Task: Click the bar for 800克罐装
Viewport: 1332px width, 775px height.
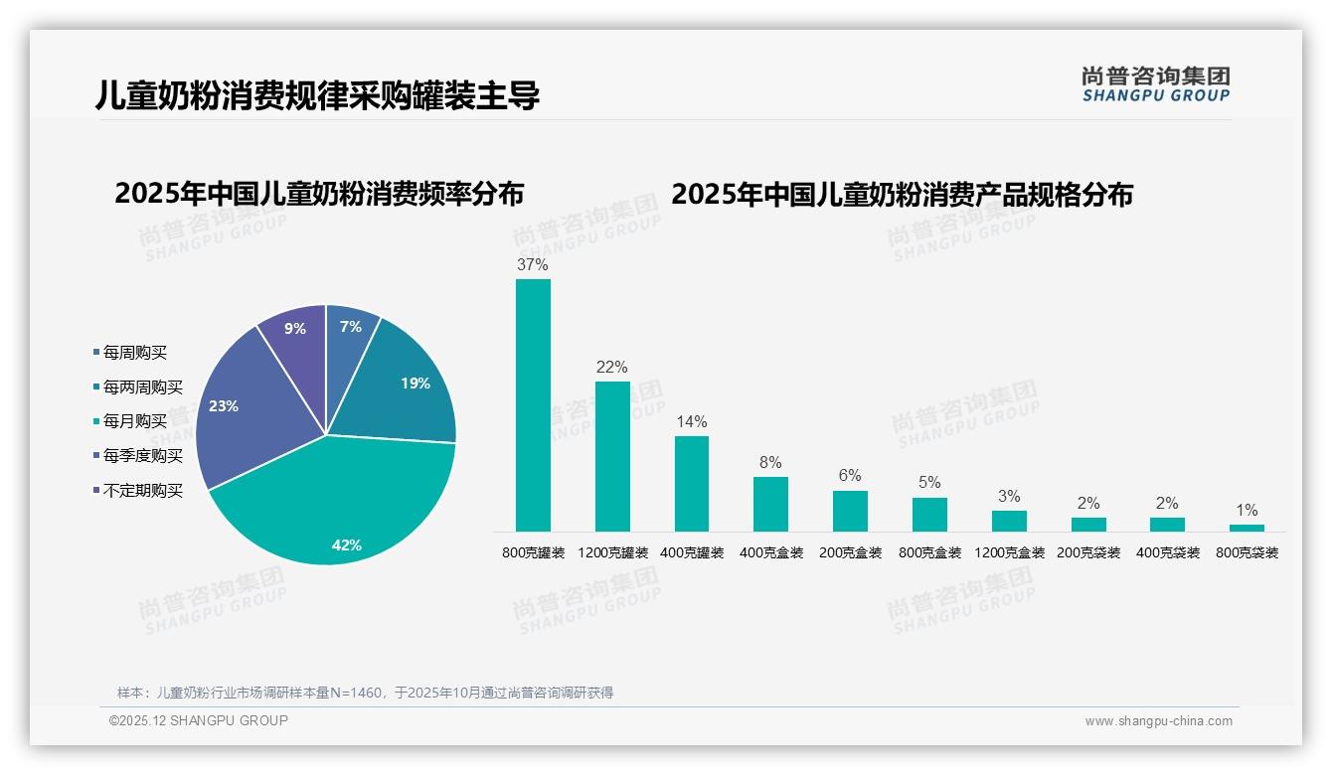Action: tap(533, 405)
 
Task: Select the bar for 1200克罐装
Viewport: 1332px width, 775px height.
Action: tap(612, 456)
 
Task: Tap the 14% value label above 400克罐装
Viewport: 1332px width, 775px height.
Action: tap(692, 421)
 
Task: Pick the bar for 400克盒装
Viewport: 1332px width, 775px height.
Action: tap(770, 504)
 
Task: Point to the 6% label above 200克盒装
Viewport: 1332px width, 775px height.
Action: tap(850, 476)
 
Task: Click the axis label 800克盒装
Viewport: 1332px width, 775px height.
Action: tap(929, 552)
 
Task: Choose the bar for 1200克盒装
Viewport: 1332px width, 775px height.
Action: tap(1009, 521)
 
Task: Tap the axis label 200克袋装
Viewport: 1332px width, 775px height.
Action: tap(1088, 552)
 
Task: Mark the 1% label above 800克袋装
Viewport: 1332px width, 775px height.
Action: tap(1247, 511)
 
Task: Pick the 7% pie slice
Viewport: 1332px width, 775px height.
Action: tap(350, 330)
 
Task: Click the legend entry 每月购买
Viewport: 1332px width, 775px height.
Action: tap(135, 421)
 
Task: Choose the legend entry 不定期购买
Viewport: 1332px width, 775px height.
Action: tap(143, 491)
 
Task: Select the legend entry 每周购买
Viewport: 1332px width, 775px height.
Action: tap(135, 353)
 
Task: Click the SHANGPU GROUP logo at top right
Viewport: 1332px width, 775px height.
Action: tap(1155, 84)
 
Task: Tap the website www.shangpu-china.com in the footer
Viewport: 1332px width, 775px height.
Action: tap(1158, 721)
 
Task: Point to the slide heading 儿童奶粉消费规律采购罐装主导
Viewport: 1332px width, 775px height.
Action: tap(318, 95)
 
